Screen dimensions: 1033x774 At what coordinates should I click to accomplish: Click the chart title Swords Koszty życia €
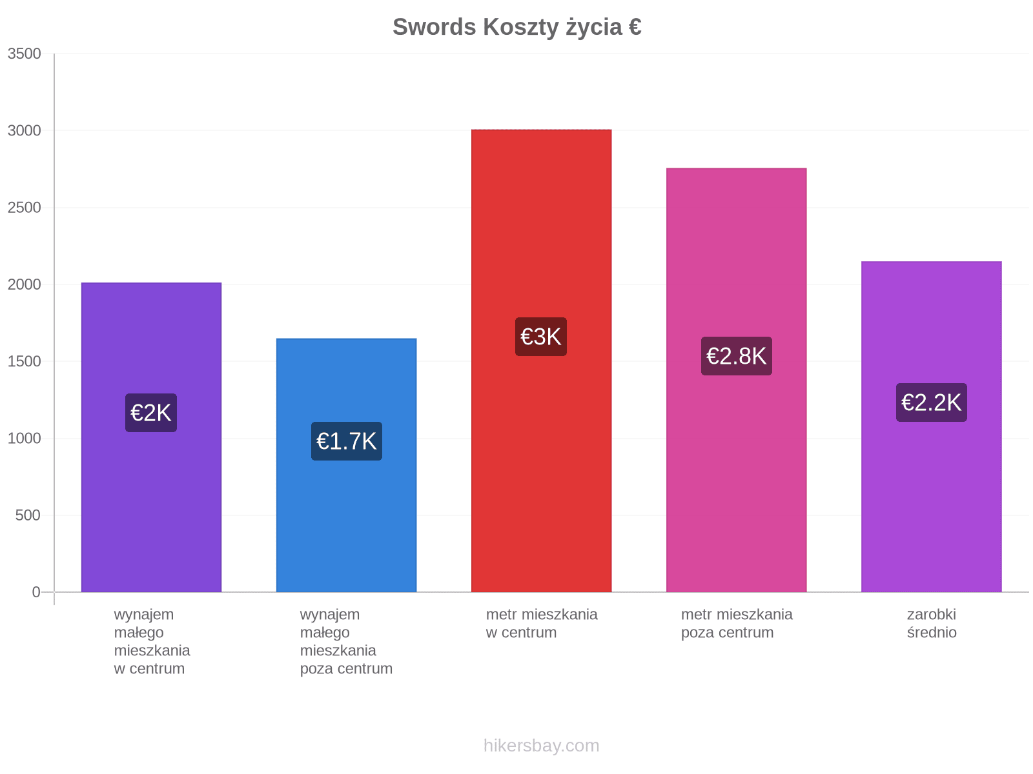pyautogui.click(x=516, y=27)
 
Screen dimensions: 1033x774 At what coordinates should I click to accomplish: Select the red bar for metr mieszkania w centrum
pyautogui.click(x=541, y=361)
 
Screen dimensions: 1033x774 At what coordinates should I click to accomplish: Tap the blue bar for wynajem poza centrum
pyautogui.click(x=346, y=465)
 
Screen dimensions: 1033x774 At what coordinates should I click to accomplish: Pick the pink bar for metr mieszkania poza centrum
pyautogui.click(x=736, y=380)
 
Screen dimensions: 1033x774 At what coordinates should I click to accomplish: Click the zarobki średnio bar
pyautogui.click(x=932, y=426)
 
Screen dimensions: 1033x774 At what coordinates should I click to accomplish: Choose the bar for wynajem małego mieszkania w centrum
pyautogui.click(x=151, y=437)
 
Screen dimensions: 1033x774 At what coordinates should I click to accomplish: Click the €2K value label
pyautogui.click(x=151, y=413)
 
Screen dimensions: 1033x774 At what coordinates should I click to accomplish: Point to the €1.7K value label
pyautogui.click(x=346, y=441)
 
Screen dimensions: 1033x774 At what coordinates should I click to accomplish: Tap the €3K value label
pyautogui.click(x=541, y=337)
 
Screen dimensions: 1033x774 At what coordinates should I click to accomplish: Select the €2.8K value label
pyautogui.click(x=737, y=356)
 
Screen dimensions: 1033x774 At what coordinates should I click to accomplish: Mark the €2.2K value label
pyautogui.click(x=932, y=402)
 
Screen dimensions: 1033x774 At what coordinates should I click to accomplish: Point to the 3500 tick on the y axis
pyautogui.click(x=25, y=54)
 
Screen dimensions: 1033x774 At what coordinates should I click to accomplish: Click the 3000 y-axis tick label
pyautogui.click(x=25, y=130)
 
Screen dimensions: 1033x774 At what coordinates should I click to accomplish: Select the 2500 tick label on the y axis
pyautogui.click(x=25, y=207)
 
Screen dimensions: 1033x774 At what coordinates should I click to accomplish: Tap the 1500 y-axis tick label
pyautogui.click(x=25, y=361)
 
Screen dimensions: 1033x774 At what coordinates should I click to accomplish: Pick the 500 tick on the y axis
pyautogui.click(x=28, y=515)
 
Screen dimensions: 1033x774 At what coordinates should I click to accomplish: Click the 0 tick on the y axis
pyautogui.click(x=36, y=592)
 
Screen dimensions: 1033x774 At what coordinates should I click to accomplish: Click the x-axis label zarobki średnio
pyautogui.click(x=932, y=623)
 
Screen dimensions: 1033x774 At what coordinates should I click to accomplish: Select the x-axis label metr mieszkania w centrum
pyautogui.click(x=541, y=623)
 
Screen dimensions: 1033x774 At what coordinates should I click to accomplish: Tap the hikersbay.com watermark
pyautogui.click(x=541, y=746)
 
